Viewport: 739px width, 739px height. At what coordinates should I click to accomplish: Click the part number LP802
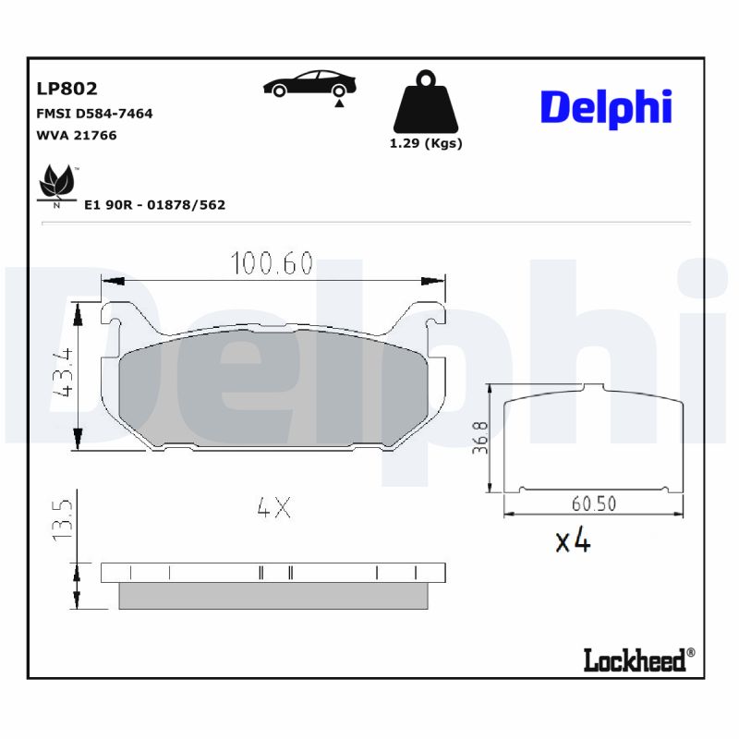(67, 90)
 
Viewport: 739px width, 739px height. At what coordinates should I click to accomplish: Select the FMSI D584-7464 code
(93, 114)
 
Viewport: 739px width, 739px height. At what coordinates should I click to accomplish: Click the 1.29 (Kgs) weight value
(425, 143)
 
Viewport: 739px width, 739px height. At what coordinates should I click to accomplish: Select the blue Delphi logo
(605, 108)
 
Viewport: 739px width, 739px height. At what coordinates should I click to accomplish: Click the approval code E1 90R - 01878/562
(154, 205)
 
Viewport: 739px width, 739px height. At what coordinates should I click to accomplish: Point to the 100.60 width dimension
(272, 264)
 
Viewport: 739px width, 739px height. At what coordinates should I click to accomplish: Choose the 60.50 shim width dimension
(593, 504)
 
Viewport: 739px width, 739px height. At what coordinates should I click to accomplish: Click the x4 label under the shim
(572, 540)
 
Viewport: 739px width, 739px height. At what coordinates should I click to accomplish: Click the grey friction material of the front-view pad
(273, 393)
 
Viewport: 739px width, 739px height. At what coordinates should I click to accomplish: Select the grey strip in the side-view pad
(273, 596)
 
